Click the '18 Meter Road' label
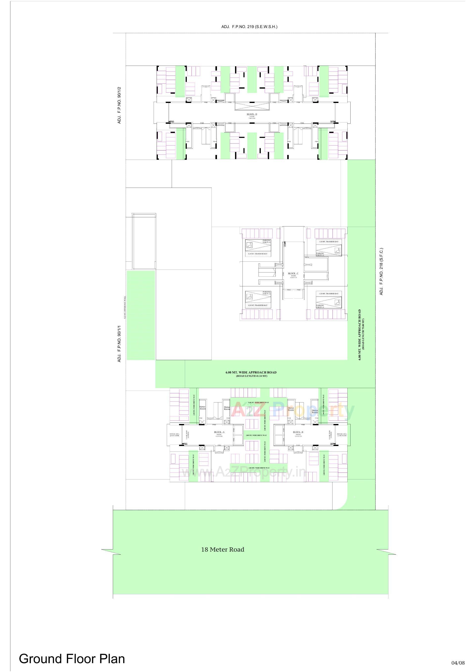[223, 550]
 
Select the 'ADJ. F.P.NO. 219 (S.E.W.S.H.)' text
[249, 27]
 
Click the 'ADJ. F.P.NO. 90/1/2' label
[119, 105]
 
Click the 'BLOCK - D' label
[252, 114]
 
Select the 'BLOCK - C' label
[293, 273]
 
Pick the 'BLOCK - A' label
[219, 432]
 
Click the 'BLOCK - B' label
[298, 432]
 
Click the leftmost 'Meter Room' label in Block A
[202, 408]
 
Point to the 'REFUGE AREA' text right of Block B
[342, 435]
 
